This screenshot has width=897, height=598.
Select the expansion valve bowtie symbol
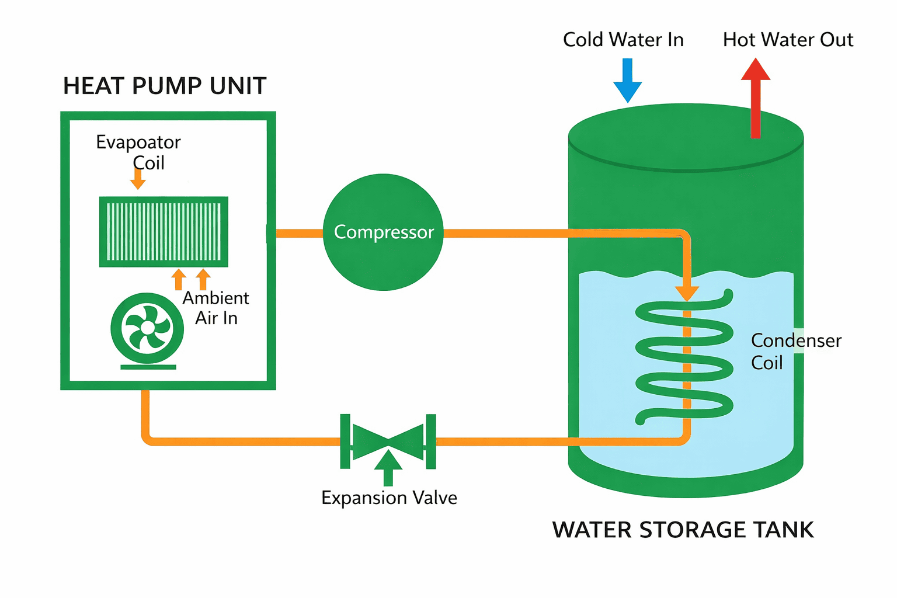pos(388,441)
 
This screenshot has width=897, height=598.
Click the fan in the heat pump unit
pos(147,328)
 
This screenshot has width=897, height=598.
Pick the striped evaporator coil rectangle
pos(164,232)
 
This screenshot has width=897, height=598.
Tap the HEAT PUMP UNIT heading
pos(165,86)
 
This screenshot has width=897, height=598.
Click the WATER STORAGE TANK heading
pos(683,530)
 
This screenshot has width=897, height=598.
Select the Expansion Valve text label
pos(389,498)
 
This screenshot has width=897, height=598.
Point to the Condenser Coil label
pos(795,351)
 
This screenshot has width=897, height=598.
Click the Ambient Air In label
pos(216,308)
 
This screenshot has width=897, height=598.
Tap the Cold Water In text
pos(623,40)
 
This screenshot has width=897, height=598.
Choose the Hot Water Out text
pos(788,40)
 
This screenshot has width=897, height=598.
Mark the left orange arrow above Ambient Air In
pos(179,279)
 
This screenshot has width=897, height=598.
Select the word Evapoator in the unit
pos(138,142)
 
